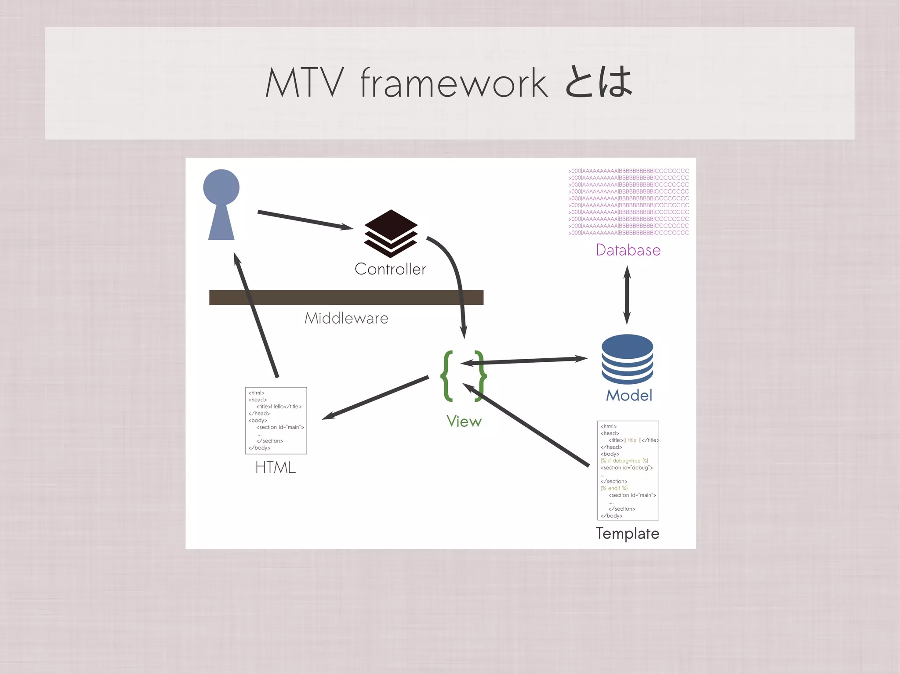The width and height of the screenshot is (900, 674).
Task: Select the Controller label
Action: coord(390,269)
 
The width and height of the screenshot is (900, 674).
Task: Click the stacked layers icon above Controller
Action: coord(391,233)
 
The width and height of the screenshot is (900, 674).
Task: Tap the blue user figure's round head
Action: coord(221,187)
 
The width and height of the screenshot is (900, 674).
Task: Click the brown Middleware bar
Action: coord(346,297)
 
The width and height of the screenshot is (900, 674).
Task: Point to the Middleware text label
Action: coord(346,318)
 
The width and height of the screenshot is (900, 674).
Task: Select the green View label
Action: coord(464,421)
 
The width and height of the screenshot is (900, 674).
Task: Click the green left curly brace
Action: coord(447,376)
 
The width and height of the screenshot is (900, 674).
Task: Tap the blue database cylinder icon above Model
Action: coord(627,359)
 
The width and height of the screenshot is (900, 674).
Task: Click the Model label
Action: coord(629,395)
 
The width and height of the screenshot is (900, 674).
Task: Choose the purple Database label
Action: coord(628,250)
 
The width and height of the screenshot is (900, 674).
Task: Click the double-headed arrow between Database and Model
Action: coord(627,295)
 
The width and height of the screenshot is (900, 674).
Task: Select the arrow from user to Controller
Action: coord(305,220)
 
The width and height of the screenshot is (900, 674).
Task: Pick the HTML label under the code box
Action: coord(276,467)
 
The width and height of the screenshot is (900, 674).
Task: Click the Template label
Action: coord(627,533)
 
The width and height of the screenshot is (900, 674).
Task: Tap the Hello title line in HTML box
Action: coord(279,407)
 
